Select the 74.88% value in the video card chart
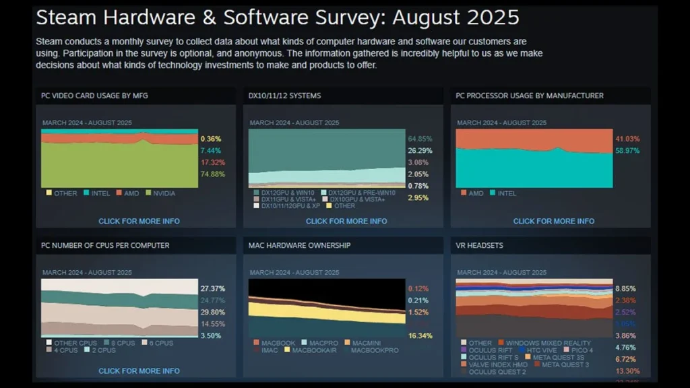click(212, 174)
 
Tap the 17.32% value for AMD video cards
click(212, 162)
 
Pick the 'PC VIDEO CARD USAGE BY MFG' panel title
click(94, 96)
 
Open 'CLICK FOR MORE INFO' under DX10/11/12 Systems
click(346, 221)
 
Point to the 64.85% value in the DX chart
click(420, 139)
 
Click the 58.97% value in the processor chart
click(627, 150)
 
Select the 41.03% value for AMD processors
click(627, 139)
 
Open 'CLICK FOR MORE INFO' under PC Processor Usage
click(554, 221)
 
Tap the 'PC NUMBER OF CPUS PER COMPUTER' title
click(105, 245)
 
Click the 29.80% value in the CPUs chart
click(212, 312)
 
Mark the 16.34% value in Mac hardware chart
click(420, 335)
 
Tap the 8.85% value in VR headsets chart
click(626, 288)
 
